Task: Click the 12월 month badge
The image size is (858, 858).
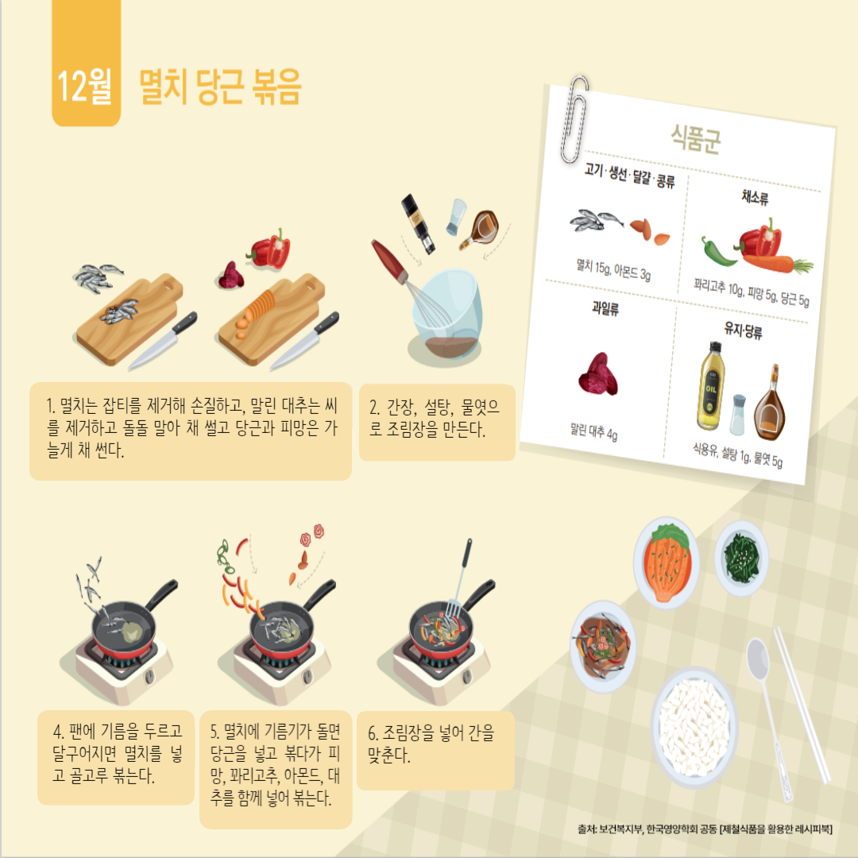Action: [x=86, y=63]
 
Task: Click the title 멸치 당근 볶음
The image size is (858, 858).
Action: [x=220, y=87]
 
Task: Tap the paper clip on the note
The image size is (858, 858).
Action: [x=574, y=120]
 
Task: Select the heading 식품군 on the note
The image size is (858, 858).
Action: [x=695, y=138]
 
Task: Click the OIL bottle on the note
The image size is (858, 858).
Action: [x=710, y=386]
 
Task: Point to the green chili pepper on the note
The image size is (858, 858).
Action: [x=718, y=253]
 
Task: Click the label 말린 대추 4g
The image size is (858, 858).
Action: [x=593, y=431]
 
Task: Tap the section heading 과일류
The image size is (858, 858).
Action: [x=605, y=308]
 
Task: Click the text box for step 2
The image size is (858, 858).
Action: [x=437, y=422]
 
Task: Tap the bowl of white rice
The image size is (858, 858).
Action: [x=694, y=727]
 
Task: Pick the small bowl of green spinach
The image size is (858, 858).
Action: [x=741, y=558]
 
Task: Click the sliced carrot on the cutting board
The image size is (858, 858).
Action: [x=258, y=312]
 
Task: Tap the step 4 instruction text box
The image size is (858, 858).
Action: [x=116, y=757]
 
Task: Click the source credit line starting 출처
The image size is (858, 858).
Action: [x=705, y=829]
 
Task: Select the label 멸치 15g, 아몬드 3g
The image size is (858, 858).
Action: [x=613, y=270]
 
